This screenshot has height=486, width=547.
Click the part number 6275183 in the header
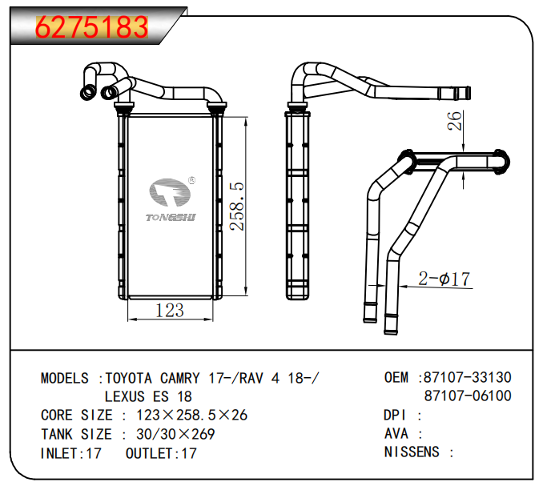[93, 27]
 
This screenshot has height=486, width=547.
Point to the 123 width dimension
[169, 310]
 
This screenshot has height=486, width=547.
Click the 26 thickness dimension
[454, 121]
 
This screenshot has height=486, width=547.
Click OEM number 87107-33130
[468, 377]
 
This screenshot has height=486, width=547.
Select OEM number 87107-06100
[468, 396]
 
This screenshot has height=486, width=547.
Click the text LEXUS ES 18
[148, 396]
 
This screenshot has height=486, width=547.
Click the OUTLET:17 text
[161, 453]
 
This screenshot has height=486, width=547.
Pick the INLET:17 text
[70, 453]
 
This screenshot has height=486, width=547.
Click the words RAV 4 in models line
[265, 378]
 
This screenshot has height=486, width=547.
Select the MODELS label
[67, 378]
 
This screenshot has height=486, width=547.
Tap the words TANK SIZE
[76, 434]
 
